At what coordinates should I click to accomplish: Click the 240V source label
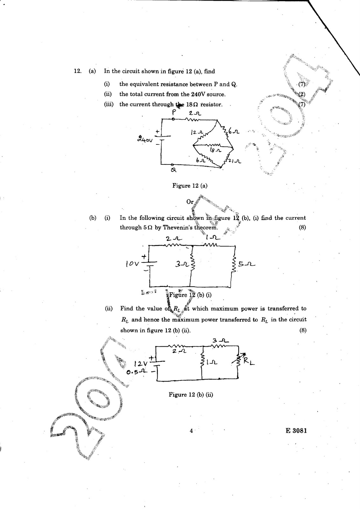tap(145, 139)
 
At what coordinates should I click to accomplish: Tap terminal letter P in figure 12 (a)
tap(174, 112)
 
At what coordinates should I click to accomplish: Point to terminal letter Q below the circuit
tap(174, 170)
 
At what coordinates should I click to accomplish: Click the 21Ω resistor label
tap(236, 161)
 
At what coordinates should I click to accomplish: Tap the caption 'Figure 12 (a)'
tap(190, 186)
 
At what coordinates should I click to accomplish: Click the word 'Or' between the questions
tap(190, 202)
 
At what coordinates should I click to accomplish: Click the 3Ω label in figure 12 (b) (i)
tap(181, 264)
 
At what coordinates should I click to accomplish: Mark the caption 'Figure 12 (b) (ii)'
tap(191, 395)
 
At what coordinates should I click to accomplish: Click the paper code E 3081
tap(296, 431)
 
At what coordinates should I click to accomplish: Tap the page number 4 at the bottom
tap(191, 431)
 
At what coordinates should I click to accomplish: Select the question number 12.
tap(78, 71)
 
